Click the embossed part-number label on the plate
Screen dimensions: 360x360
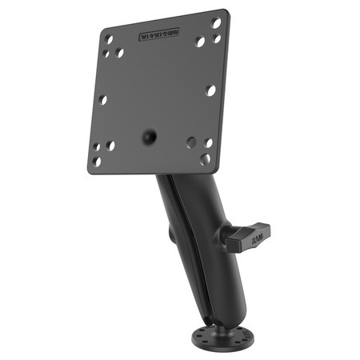tap(160, 34)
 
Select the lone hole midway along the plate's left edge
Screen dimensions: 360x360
tap(102, 100)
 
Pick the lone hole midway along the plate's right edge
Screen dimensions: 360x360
tap(210, 90)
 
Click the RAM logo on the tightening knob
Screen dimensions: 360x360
tap(255, 238)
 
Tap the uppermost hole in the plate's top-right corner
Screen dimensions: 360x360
tap(216, 22)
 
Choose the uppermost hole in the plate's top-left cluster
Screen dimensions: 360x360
tap(109, 38)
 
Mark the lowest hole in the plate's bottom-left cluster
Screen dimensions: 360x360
tap(97, 162)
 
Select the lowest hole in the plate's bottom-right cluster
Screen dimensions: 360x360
tap(205, 158)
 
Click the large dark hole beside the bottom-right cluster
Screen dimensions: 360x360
tap(191, 142)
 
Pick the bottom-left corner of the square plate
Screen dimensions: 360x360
tap(87, 170)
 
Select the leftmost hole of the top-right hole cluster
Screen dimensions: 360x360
tap(200, 41)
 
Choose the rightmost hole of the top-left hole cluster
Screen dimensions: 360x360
tap(120, 53)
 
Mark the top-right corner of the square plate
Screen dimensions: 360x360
tap(224, 10)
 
